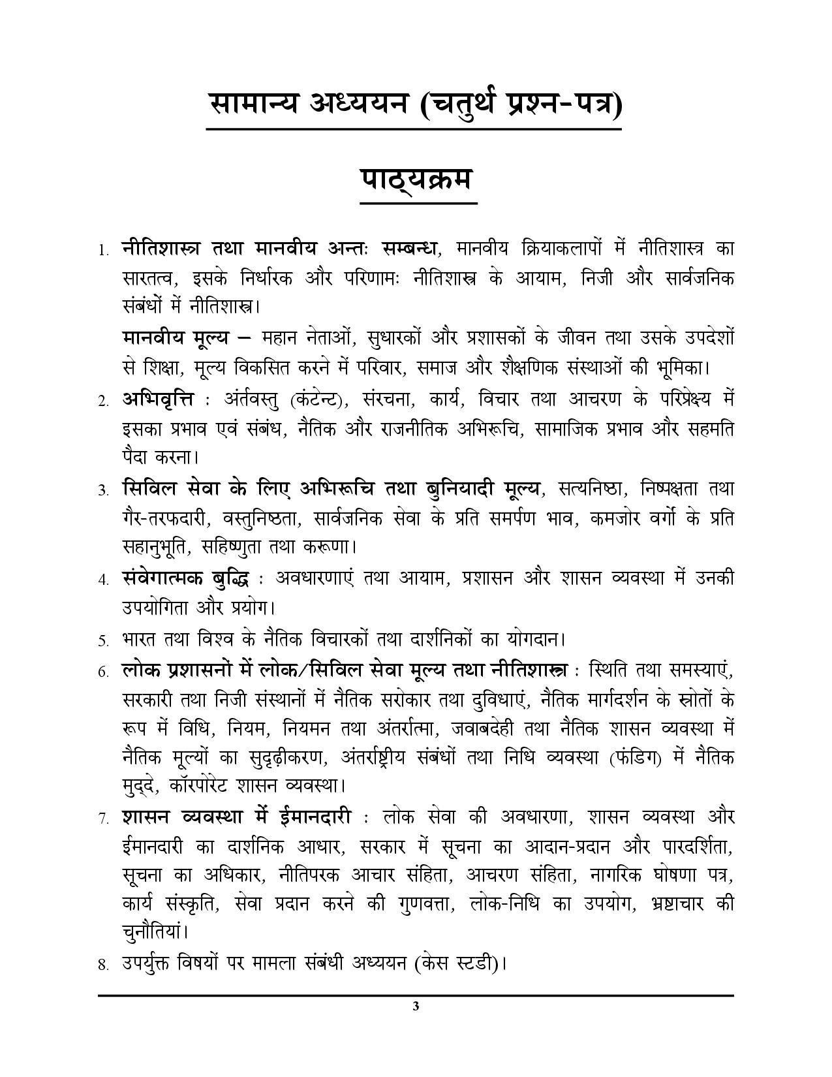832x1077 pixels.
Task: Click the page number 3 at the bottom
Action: click(x=416, y=1006)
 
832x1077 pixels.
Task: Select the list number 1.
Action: click(x=102, y=251)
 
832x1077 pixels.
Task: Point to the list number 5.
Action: click(x=102, y=640)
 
